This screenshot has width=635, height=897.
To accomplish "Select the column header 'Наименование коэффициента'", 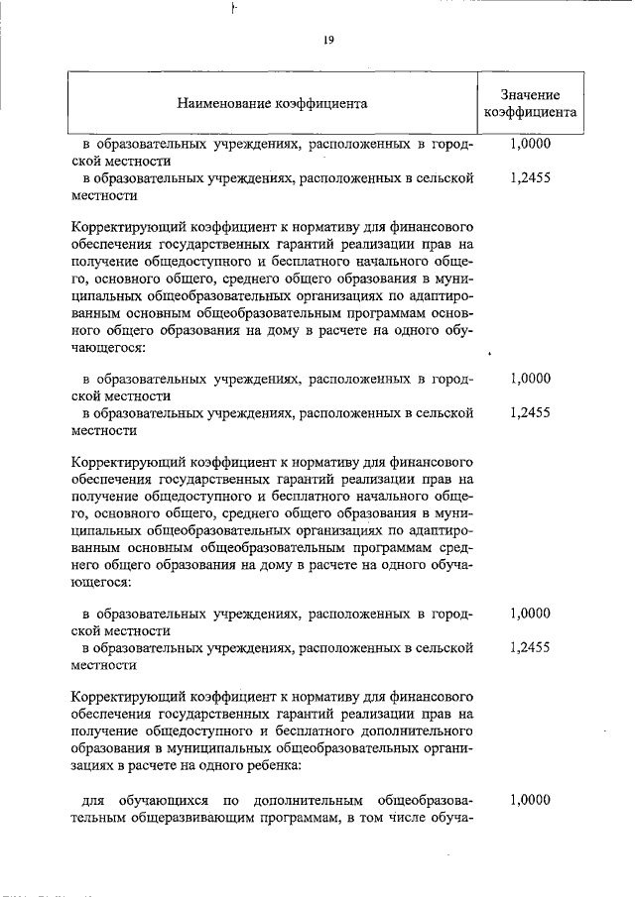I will [272, 102].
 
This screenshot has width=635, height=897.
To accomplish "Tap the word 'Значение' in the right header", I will [530, 93].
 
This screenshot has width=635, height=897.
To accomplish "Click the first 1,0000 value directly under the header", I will [530, 144].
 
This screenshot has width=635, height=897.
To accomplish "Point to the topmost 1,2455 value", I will [530, 179].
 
